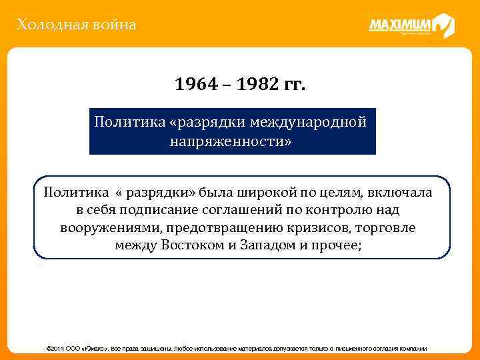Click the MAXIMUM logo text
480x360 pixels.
[402, 26]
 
